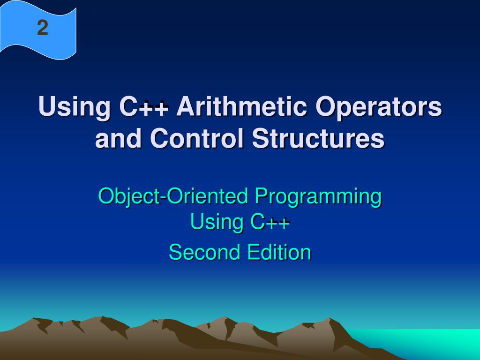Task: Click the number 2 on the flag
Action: click(43, 29)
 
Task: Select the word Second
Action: click(203, 252)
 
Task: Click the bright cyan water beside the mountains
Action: click(422, 345)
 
